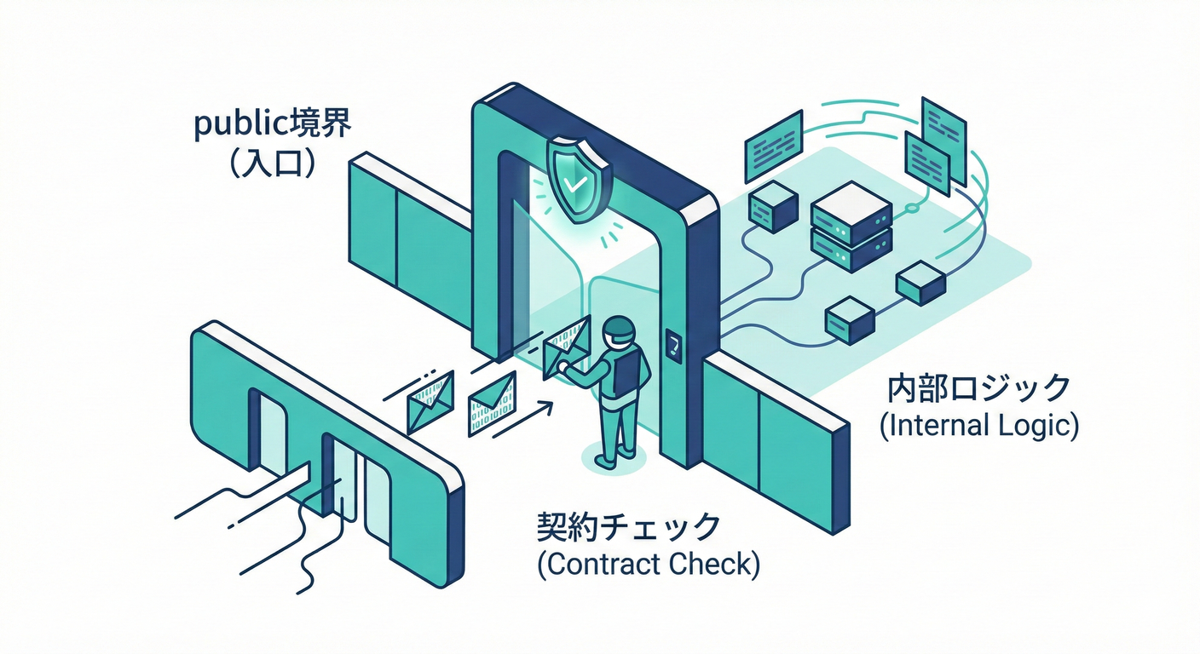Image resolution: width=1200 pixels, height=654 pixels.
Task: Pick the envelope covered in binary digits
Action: [x=492, y=403]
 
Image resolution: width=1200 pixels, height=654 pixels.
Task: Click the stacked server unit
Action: [x=851, y=224]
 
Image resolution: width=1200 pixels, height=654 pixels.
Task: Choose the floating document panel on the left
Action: [x=774, y=145]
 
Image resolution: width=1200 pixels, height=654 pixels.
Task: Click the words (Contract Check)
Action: [x=649, y=565]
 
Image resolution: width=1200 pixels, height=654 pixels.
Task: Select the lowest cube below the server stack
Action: [x=851, y=320]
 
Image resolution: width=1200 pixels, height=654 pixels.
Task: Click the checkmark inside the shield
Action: [x=577, y=181]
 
